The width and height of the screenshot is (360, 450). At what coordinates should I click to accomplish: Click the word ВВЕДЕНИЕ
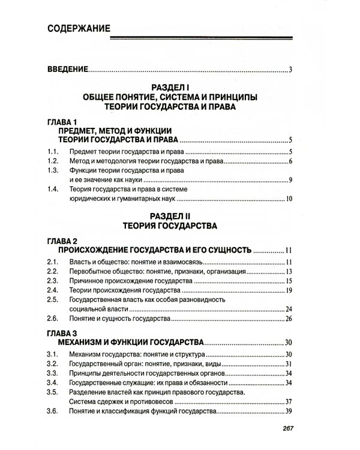coord(67,70)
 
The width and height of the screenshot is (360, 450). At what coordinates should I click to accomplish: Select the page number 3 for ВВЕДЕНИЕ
coord(290,71)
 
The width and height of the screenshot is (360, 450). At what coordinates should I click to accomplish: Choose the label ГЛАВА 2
coord(62,240)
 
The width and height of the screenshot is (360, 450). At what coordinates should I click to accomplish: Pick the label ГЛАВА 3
coord(62,332)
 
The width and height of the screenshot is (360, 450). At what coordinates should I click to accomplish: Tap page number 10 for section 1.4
coord(288,199)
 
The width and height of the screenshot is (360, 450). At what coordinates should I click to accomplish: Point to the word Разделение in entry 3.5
coord(88,392)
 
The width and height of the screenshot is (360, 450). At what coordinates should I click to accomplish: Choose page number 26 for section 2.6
coord(288,318)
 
